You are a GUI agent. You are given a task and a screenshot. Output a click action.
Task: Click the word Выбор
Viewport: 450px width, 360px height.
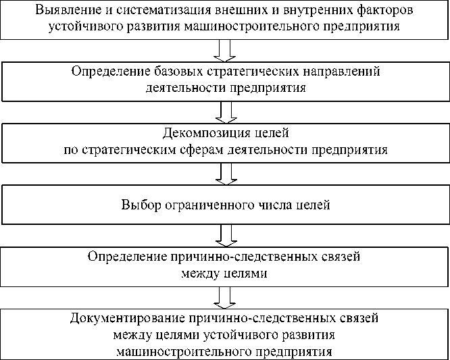[139, 204]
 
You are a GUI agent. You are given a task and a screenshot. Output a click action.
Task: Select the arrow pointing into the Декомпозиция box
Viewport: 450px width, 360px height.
[224, 111]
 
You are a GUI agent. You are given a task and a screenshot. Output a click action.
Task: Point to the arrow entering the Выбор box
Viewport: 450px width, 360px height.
[224, 173]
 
